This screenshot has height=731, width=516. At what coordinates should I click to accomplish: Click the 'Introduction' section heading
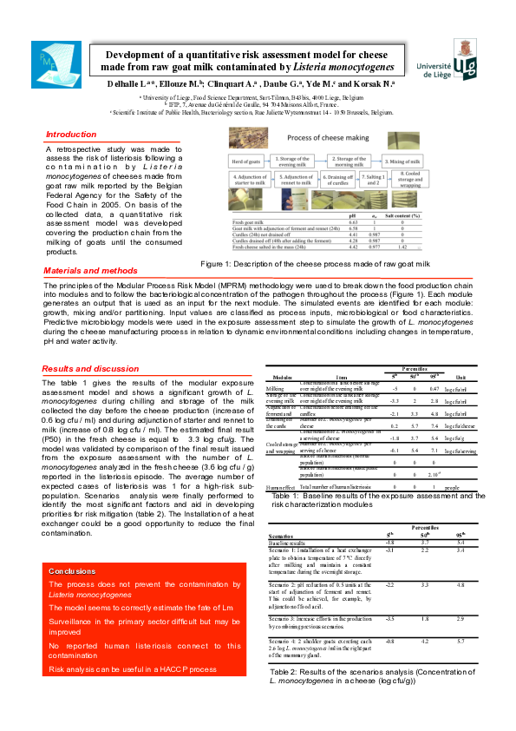tap(71, 135)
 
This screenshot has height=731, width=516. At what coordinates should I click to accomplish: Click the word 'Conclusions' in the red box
tap(72, 571)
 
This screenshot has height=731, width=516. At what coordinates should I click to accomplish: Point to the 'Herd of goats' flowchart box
tap(246, 161)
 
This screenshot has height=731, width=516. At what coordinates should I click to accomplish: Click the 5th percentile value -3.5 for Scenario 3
tap(391, 618)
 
